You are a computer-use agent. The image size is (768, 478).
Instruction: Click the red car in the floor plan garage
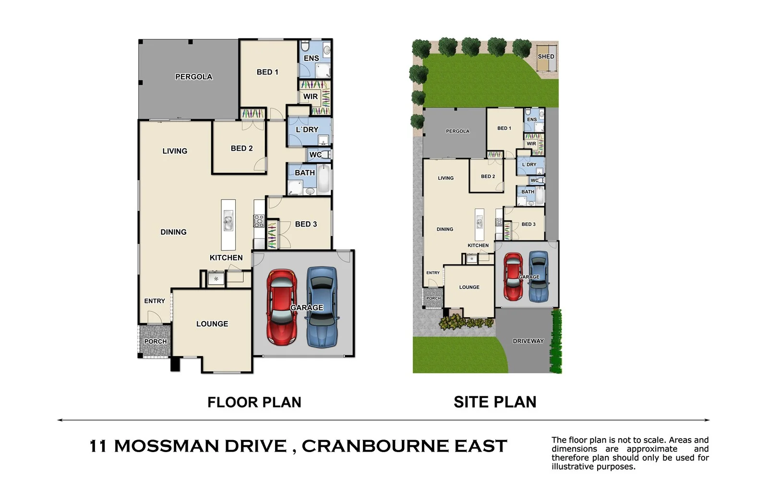click(x=282, y=307)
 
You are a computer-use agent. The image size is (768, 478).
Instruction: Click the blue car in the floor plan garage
click(x=322, y=307)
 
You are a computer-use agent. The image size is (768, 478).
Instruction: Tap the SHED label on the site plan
click(x=546, y=56)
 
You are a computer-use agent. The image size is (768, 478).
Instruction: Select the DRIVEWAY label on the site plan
click(x=528, y=341)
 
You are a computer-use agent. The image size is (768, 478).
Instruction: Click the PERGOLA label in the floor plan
click(x=193, y=77)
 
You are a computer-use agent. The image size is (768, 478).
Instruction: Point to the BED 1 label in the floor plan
click(x=267, y=72)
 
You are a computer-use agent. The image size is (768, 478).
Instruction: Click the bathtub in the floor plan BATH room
click(x=324, y=179)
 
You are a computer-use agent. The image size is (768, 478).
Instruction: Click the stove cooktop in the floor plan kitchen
click(x=259, y=221)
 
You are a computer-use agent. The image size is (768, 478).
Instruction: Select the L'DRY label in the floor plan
click(x=307, y=130)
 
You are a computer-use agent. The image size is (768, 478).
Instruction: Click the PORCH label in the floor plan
click(x=156, y=342)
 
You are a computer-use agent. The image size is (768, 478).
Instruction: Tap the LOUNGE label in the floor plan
click(x=212, y=324)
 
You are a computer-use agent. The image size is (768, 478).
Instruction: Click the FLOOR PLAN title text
click(x=254, y=402)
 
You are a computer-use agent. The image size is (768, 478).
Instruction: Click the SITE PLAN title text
click(x=495, y=402)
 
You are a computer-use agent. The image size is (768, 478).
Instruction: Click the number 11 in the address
click(x=98, y=446)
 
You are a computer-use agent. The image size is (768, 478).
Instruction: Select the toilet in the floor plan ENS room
click(x=305, y=47)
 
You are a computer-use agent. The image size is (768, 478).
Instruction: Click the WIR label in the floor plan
click(x=311, y=96)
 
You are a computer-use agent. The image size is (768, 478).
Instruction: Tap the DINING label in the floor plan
click(x=173, y=232)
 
